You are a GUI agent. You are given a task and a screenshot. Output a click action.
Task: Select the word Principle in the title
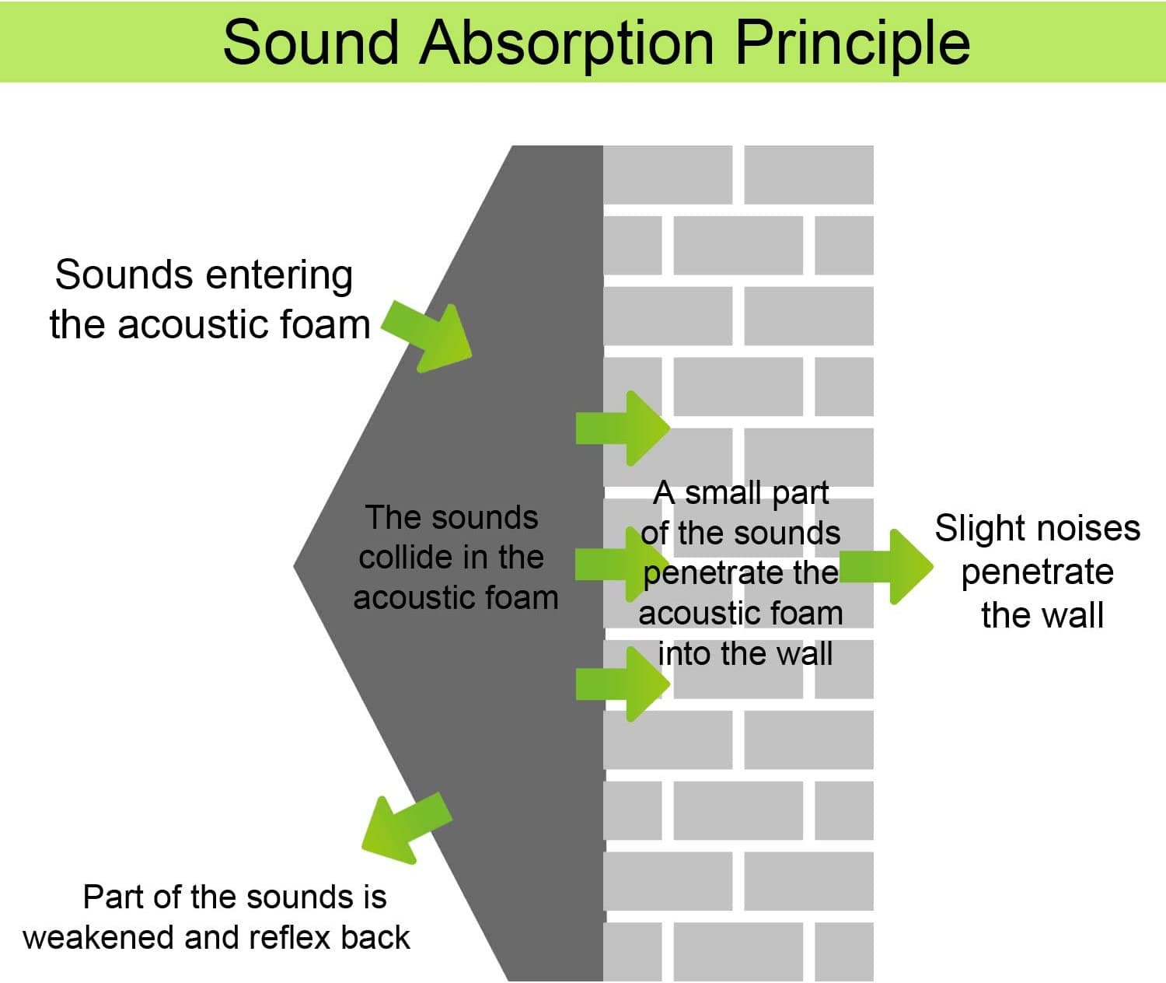pos(852,42)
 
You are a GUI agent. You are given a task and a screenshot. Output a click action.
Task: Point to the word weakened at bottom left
pos(99,938)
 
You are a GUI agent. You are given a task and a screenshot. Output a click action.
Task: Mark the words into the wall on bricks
pos(745,653)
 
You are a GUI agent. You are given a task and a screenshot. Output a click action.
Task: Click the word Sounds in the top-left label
pos(124,275)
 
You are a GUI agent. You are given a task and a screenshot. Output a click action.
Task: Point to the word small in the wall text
pos(723,493)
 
